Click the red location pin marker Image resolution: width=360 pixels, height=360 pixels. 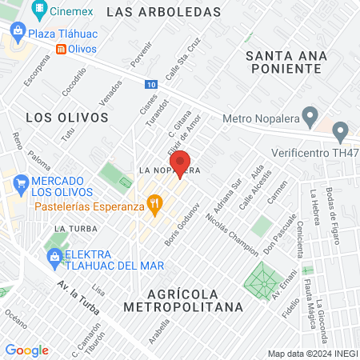(x=181, y=162)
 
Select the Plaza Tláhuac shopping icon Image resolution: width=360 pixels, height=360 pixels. (x=18, y=34)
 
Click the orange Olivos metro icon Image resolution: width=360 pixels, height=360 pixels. (x=60, y=49)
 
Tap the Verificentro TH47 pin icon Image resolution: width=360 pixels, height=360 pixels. (x=341, y=130)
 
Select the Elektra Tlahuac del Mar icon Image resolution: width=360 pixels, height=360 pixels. (x=54, y=257)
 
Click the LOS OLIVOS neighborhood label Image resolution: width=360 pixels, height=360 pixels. (x=66, y=117)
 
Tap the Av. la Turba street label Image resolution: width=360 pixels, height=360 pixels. (x=80, y=298)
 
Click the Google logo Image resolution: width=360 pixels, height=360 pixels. (x=26, y=350)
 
